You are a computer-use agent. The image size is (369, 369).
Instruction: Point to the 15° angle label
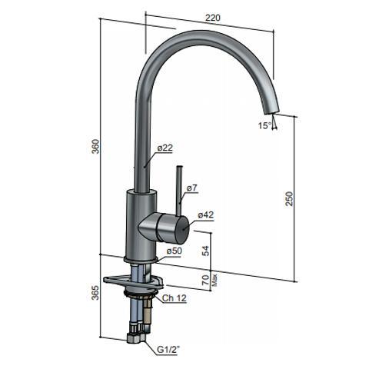click(x=264, y=125)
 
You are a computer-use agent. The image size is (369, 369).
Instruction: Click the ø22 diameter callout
click(x=165, y=148)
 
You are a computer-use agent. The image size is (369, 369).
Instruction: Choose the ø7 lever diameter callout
click(x=193, y=188)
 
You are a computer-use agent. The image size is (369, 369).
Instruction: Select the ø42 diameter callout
click(x=204, y=215)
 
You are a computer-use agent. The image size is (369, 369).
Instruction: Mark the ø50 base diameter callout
click(x=175, y=251)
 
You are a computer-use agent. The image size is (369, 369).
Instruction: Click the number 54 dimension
click(x=204, y=251)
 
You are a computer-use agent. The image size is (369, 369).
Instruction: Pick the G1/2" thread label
click(x=171, y=351)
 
